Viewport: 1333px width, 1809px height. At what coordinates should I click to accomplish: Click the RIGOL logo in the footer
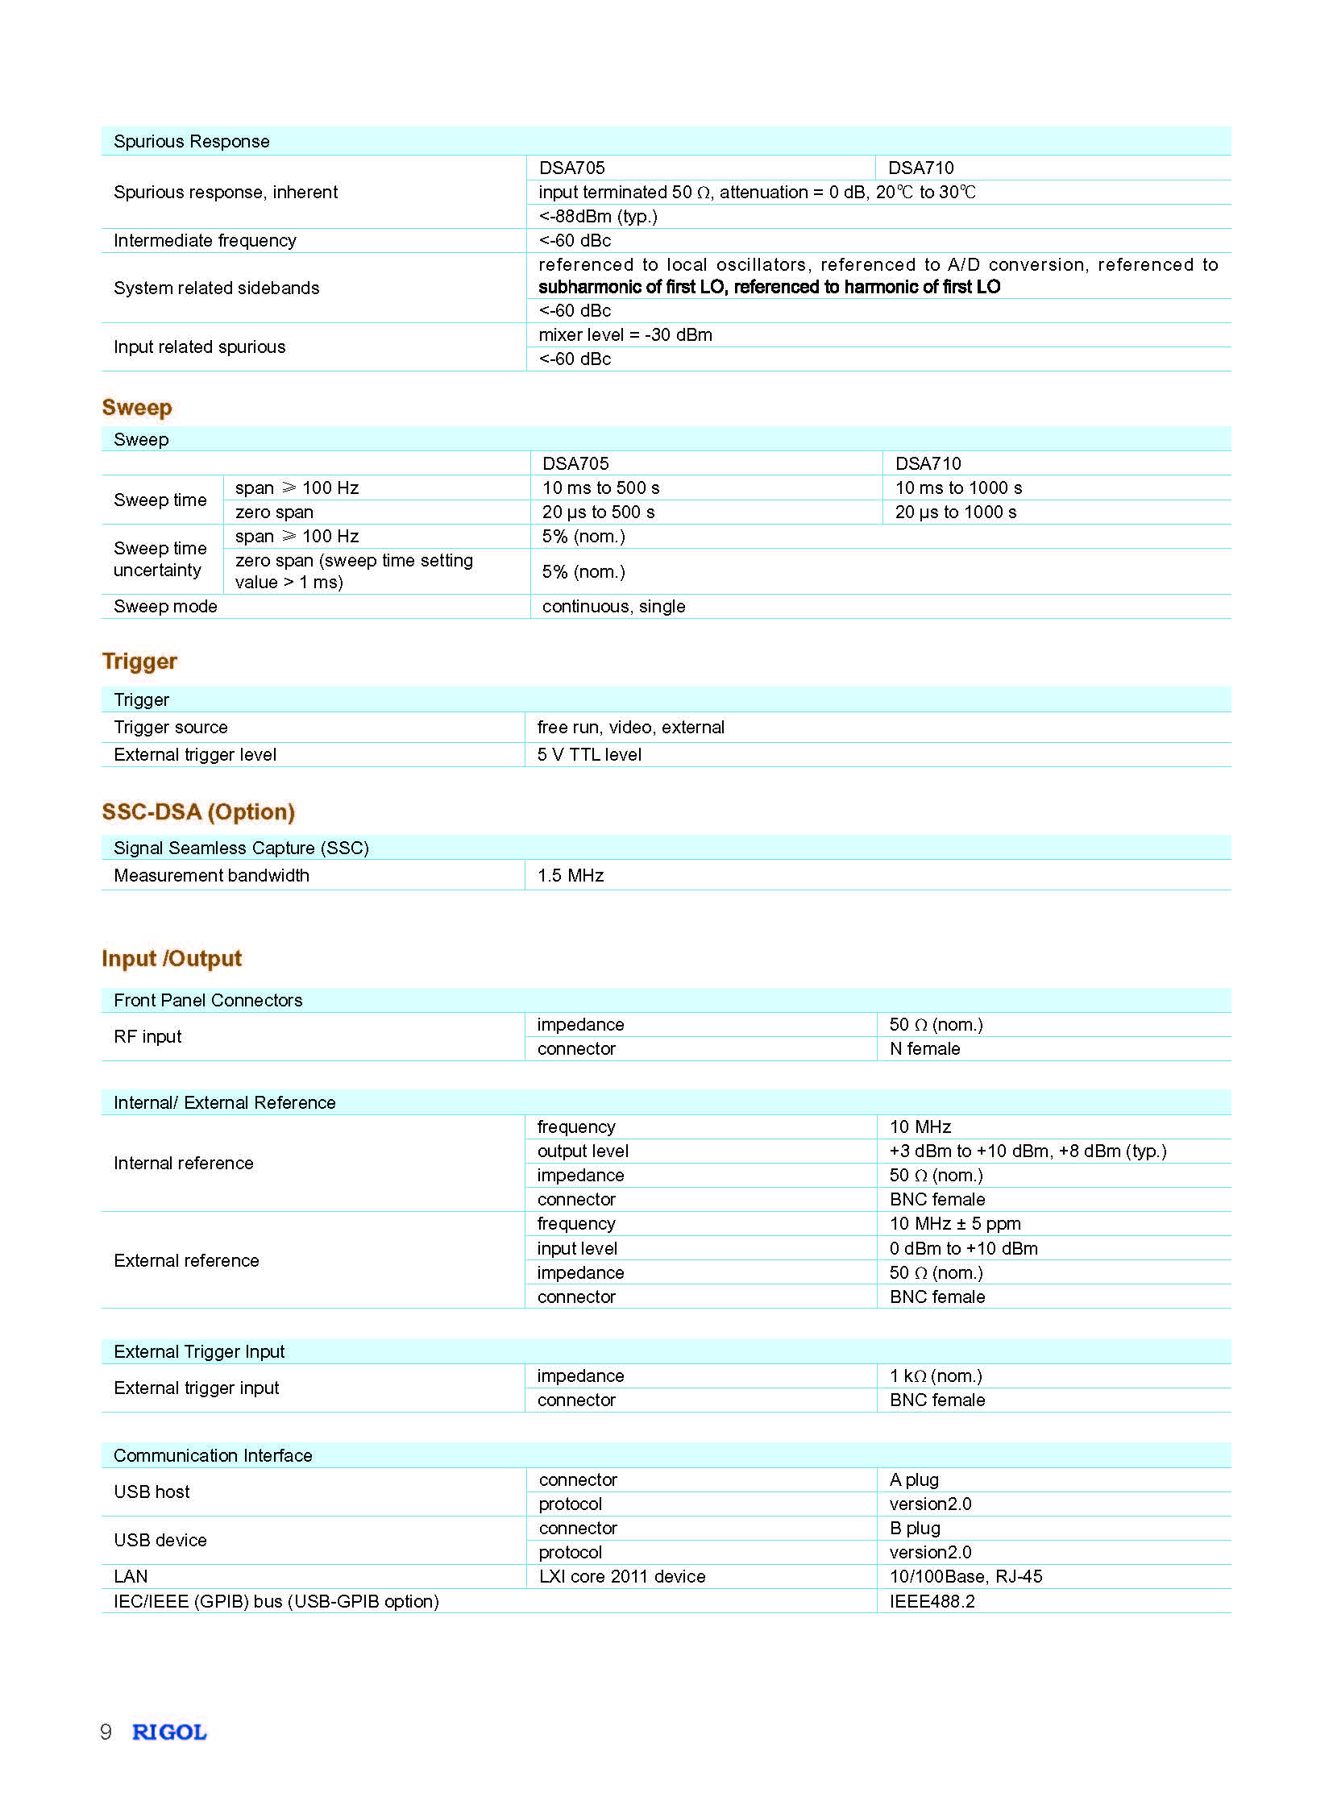[169, 1732]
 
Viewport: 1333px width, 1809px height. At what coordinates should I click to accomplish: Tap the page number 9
[106, 1732]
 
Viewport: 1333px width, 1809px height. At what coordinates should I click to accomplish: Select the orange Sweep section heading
[136, 408]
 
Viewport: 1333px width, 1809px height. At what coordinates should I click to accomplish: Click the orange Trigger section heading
[139, 661]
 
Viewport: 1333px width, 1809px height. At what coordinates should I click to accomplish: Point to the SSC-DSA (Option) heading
[197, 811]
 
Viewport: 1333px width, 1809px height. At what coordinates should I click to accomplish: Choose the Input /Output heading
[171, 959]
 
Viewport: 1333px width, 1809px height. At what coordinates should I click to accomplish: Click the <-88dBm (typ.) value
[598, 216]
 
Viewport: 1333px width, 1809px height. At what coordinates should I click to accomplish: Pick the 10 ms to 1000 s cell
[957, 488]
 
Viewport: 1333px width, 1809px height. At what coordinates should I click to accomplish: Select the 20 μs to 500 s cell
[598, 512]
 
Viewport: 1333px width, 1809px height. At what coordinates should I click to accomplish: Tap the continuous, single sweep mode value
[613, 606]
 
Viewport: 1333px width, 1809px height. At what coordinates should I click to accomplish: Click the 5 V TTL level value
[589, 754]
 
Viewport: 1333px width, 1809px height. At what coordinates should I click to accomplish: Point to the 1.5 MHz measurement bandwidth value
[571, 875]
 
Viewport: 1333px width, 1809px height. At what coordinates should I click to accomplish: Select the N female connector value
[924, 1048]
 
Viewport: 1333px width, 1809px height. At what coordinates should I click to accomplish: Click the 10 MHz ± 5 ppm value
[954, 1223]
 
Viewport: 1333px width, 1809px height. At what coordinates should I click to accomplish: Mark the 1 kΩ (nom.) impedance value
[935, 1375]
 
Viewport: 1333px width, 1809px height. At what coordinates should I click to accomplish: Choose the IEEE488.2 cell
[932, 1601]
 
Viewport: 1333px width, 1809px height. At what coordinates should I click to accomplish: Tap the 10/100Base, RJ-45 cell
[965, 1576]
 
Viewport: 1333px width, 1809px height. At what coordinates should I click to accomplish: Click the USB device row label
[160, 1540]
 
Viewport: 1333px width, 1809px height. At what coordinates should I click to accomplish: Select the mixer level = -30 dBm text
[625, 335]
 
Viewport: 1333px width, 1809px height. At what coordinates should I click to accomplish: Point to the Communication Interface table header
[213, 1454]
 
